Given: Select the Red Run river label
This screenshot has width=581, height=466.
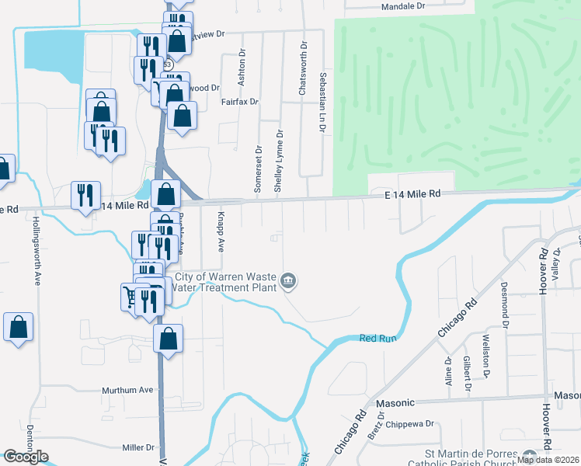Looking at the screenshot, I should [x=378, y=338].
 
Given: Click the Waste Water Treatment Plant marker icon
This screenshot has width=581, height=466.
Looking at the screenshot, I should [x=289, y=280].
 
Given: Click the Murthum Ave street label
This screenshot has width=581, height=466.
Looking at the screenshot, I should [x=125, y=390].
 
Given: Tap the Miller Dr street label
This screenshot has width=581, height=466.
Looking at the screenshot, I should [x=139, y=447].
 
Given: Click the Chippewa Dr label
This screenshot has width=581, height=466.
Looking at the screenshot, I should [x=409, y=424].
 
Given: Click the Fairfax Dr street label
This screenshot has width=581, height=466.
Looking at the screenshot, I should [x=238, y=102].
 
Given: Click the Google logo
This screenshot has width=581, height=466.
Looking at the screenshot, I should [x=26, y=457].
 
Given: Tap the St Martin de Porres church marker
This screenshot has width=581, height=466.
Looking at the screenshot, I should [x=530, y=457].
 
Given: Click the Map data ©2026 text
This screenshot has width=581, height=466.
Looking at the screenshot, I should [x=548, y=460].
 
